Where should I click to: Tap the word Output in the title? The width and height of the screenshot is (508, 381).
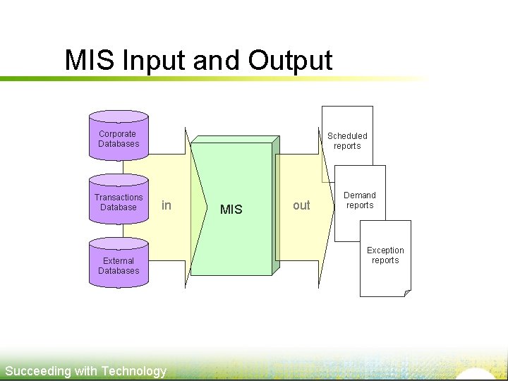point(290,61)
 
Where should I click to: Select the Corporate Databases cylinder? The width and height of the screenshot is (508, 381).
point(119,138)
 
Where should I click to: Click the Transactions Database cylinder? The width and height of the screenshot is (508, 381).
point(119,202)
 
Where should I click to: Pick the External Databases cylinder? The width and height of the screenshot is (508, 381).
point(119,265)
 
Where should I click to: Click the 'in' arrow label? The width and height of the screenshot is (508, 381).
point(167,205)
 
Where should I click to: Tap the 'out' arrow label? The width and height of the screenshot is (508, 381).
point(301,205)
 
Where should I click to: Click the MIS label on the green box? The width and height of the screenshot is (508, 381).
point(231,210)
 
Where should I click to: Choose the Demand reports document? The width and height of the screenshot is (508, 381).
point(360,201)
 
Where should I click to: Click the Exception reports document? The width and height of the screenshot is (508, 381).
point(385,258)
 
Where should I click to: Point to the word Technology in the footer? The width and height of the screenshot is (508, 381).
point(134,371)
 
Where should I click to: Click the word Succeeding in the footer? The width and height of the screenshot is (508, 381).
point(38,371)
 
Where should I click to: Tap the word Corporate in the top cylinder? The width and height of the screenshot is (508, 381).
point(118,133)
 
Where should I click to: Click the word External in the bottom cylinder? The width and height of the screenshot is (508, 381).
point(119,260)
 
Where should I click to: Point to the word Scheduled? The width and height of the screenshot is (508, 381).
point(347,135)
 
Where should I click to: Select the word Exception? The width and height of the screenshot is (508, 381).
point(385,250)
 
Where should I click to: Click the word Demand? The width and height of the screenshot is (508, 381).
point(360,195)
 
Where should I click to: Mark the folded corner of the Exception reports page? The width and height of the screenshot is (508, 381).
point(407,293)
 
